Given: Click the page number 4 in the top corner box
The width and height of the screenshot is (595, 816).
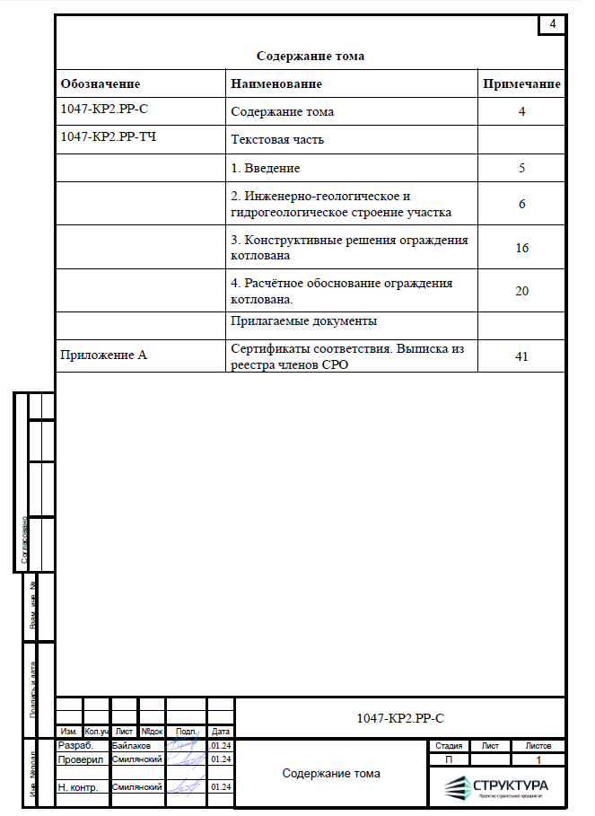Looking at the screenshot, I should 553,24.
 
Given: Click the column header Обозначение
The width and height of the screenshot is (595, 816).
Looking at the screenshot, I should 101,84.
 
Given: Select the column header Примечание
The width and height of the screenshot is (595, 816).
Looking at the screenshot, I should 522,84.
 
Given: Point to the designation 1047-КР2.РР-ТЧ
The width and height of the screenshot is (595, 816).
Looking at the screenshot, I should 108,137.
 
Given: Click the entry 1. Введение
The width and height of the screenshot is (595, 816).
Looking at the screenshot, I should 266,168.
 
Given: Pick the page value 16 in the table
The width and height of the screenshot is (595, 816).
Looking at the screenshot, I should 522,248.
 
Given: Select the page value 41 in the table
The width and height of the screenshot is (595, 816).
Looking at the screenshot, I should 522,356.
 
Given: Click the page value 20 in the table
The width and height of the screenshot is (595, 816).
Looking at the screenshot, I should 522,291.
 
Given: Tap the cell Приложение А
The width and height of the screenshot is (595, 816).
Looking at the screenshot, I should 103,355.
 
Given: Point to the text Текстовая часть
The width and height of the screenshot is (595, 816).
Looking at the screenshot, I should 277,140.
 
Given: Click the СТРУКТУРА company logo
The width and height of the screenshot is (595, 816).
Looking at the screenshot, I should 496,787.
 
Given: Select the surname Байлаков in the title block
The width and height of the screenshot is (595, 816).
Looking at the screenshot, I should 132,746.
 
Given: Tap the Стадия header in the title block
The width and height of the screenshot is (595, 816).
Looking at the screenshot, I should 449,746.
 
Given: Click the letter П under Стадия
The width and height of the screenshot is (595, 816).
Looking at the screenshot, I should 449,759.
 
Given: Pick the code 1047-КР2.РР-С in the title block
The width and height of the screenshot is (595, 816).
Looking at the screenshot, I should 400,718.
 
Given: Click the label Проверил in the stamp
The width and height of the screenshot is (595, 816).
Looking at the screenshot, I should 81,759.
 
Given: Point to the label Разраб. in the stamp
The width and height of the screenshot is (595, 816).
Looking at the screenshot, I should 75,746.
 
